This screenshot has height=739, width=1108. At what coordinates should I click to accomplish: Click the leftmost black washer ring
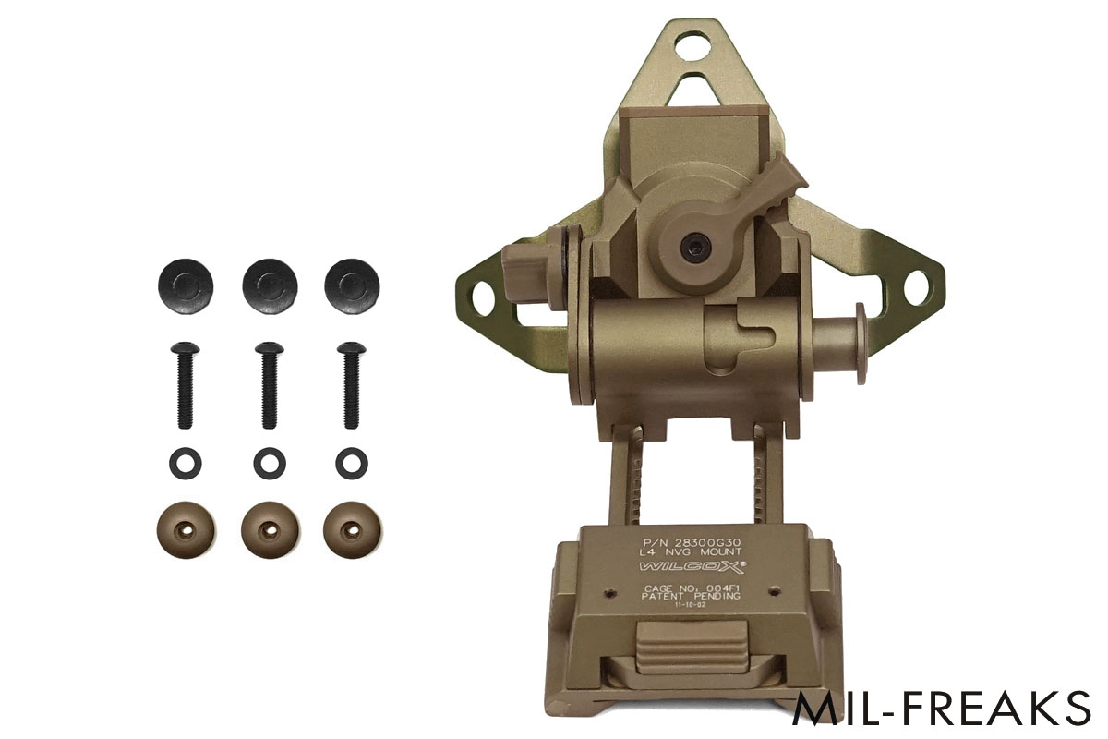click(182, 462)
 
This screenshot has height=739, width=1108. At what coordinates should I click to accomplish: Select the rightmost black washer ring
click(351, 462)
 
